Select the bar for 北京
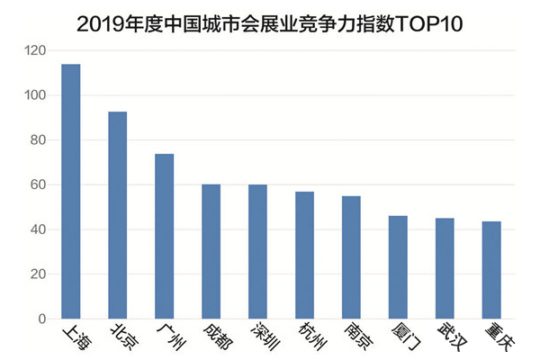point(117,215)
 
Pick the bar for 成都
point(211,252)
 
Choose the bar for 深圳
point(257,252)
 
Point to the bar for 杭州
point(304,256)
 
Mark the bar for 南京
point(351,257)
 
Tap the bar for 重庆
point(491,270)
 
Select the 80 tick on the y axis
point(36,140)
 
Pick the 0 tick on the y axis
point(40,319)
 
